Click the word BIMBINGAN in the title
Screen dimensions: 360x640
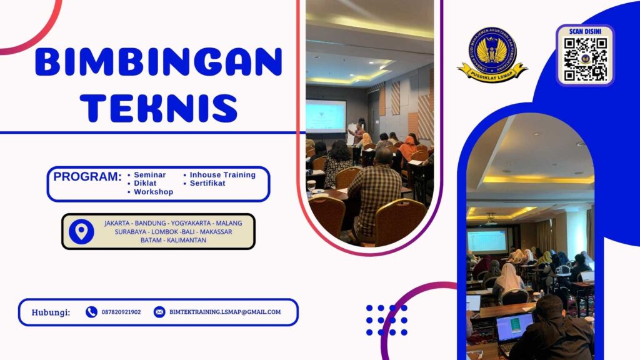click(159, 62)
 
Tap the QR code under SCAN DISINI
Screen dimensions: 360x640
click(585, 59)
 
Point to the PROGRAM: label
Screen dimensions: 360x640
click(87, 177)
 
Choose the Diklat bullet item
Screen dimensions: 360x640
click(145, 184)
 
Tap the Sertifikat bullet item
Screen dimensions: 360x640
click(207, 184)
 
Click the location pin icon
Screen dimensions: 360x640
click(81, 231)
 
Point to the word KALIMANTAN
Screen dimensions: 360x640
click(186, 240)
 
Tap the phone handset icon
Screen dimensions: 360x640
click(91, 312)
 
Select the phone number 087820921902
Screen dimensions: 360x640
click(121, 312)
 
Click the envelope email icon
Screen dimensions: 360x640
click(159, 312)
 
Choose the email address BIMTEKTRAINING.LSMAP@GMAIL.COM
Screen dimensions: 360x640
click(225, 312)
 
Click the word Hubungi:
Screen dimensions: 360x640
click(51, 312)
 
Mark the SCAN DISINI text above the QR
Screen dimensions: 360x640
click(585, 31)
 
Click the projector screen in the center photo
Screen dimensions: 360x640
click(325, 116)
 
